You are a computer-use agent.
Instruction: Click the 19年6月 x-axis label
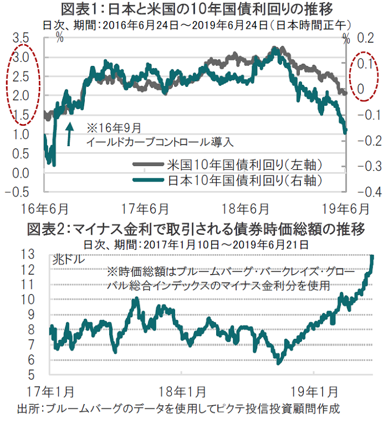click(346, 209)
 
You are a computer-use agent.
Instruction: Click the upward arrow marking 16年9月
click(69, 133)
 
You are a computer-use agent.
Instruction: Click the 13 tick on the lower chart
click(42, 255)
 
